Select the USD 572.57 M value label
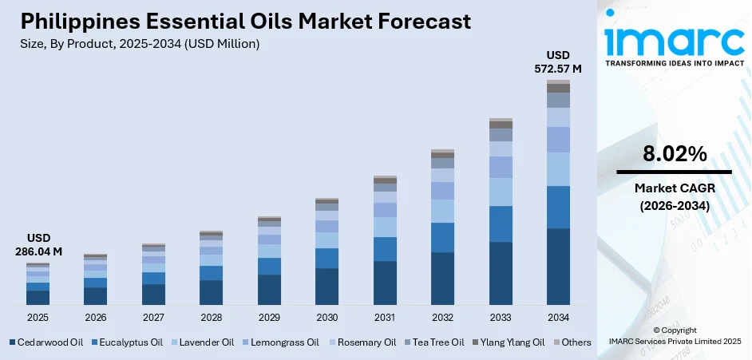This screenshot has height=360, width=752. coord(558,61)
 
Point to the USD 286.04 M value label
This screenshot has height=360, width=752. coord(38,245)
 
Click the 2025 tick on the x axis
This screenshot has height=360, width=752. coord(38,317)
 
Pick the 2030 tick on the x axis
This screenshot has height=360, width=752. coord(327,317)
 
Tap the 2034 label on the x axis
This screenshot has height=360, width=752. coord(558,317)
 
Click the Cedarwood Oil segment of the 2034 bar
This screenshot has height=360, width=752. coord(558,267)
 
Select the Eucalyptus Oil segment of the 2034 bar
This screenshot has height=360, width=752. coord(558,207)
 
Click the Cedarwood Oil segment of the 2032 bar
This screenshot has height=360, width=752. coord(442,279)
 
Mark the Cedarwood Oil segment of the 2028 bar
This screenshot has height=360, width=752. coord(211,292)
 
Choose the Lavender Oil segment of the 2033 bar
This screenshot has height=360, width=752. coord(501,192)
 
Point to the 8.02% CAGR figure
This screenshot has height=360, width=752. coord(674,155)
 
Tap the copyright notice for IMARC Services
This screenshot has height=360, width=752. coord(673,335)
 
